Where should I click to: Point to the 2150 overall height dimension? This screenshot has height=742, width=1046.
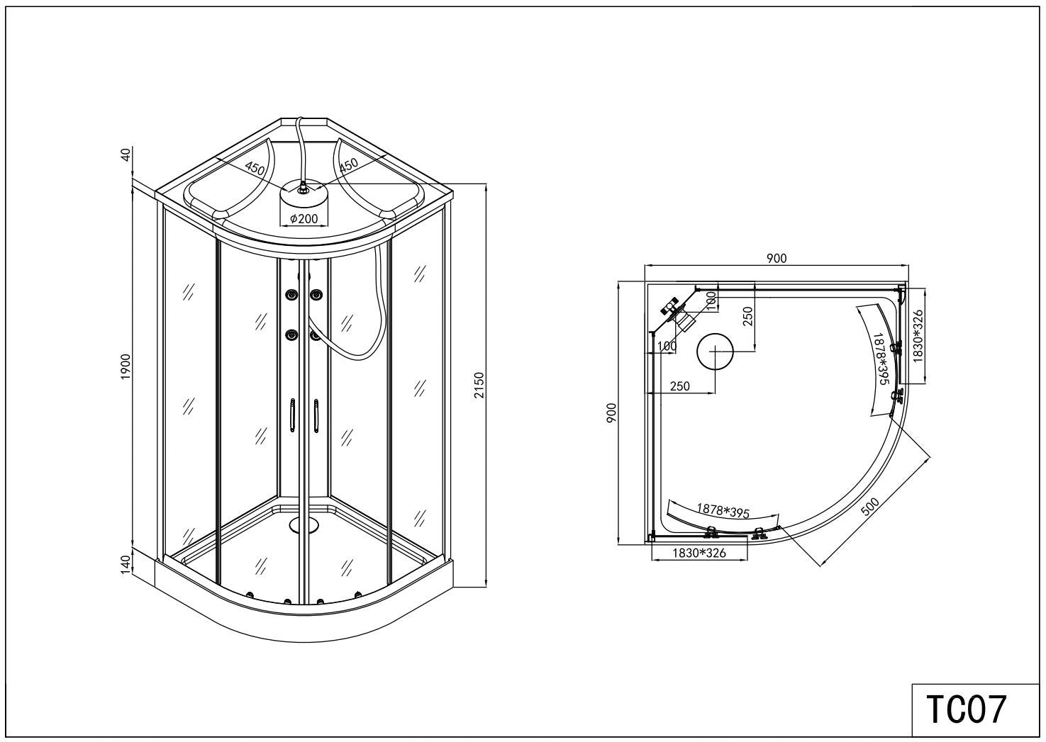click(x=479, y=385)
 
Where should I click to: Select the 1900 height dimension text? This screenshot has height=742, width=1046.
click(x=126, y=367)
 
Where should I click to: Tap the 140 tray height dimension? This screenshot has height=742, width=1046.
click(x=125, y=565)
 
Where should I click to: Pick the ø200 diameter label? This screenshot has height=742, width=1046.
click(x=304, y=218)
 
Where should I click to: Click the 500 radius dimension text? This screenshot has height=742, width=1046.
click(x=870, y=507)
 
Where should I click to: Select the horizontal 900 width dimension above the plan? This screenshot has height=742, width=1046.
click(x=777, y=258)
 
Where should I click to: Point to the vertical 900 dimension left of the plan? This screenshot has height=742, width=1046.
click(x=611, y=412)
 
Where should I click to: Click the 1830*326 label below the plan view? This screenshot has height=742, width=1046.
click(x=699, y=553)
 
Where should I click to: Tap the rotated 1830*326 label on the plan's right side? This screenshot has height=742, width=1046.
click(x=918, y=337)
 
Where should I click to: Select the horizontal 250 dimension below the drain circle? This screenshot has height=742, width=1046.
click(x=680, y=386)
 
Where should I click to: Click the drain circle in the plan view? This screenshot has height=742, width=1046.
click(x=715, y=352)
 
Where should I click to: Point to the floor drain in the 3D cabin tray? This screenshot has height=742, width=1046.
click(x=304, y=525)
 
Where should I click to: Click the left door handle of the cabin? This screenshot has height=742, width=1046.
click(x=292, y=415)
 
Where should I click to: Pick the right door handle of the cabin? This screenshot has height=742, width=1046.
click(x=316, y=415)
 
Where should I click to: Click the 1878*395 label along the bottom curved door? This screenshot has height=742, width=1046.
click(x=723, y=510)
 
